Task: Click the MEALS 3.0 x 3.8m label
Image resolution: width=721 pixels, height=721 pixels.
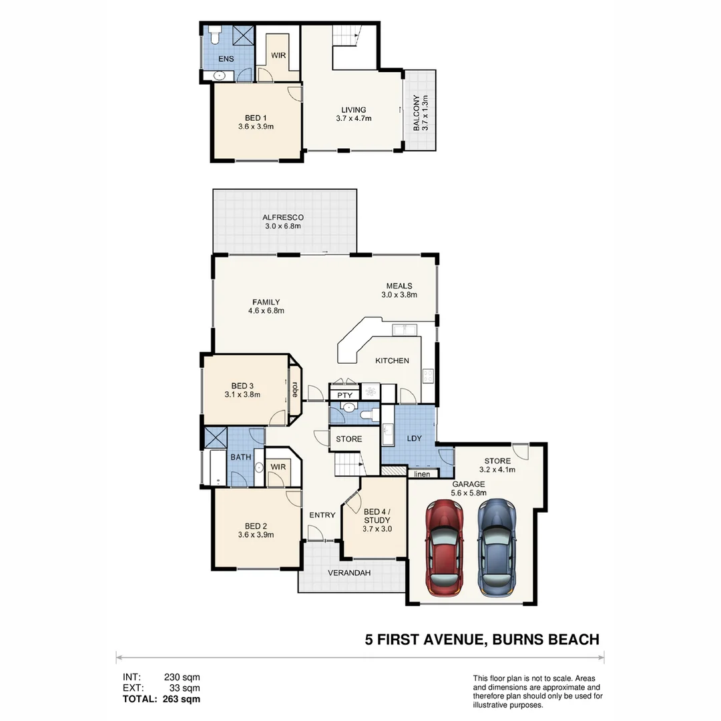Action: tap(399, 290)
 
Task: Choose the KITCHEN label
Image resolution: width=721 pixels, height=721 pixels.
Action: tap(392, 360)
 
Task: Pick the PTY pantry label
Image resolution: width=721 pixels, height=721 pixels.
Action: tap(344, 395)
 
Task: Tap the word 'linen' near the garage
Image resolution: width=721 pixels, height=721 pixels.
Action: tap(422, 474)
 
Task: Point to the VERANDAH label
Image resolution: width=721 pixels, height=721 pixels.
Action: tap(349, 573)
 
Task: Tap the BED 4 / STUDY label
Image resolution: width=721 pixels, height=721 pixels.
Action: tap(377, 519)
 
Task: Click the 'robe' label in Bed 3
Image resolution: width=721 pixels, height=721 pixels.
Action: tap(294, 389)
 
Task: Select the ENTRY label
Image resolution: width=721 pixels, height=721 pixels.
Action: tap(322, 515)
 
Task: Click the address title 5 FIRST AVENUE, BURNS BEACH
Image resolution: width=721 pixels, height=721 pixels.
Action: tap(481, 640)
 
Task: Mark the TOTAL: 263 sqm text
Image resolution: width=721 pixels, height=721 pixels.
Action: tap(161, 699)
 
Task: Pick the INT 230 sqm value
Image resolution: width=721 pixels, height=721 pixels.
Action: tap(182, 678)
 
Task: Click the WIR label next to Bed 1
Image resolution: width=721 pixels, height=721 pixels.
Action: tap(278, 55)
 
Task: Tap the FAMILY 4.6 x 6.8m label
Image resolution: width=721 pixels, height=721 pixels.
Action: tap(266, 306)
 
